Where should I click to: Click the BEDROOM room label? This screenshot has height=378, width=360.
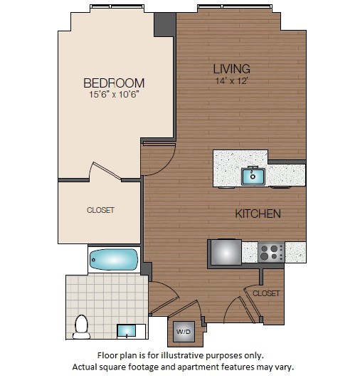(114, 83)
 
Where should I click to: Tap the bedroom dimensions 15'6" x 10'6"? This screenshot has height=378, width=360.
(114, 95)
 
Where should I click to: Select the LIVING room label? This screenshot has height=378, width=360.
(231, 69)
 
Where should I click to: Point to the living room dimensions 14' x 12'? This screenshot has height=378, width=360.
(231, 81)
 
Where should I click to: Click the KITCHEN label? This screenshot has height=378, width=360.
(258, 214)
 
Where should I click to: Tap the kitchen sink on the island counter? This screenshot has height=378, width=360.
(252, 175)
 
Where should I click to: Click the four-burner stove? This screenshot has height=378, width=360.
(270, 252)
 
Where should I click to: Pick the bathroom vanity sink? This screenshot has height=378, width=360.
(128, 330)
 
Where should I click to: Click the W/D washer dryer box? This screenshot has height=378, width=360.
(183, 331)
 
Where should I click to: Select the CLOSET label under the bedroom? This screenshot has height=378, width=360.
(100, 210)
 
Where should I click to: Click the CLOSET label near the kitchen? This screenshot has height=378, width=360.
(266, 293)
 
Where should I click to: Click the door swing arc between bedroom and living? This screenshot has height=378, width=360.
(158, 158)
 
